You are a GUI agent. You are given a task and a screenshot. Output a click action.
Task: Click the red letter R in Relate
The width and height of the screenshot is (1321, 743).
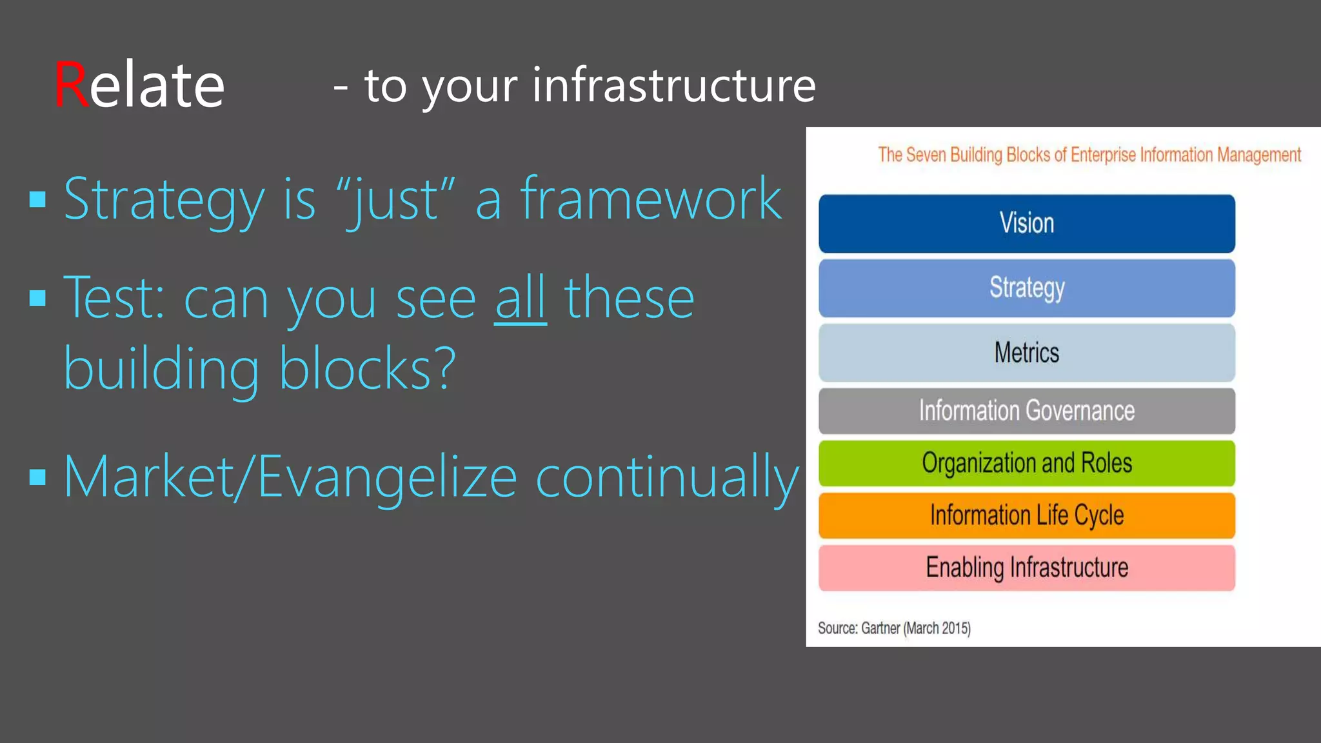70,84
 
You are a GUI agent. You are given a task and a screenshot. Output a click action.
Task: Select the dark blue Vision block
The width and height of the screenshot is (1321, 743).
1026,223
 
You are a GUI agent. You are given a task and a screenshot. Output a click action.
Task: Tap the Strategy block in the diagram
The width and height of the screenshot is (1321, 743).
1026,288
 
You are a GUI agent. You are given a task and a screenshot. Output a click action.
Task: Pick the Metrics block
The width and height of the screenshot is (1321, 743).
1026,352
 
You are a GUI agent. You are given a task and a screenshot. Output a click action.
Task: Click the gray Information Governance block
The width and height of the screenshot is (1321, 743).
1026,411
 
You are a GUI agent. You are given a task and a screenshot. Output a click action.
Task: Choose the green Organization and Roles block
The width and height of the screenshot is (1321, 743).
1026,463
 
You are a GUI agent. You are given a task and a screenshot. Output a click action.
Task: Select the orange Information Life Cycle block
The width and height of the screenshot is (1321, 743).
1026,515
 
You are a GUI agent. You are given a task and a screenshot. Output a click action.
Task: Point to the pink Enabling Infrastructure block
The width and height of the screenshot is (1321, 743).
1026,568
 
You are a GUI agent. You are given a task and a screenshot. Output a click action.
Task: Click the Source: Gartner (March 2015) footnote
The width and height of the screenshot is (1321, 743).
894,628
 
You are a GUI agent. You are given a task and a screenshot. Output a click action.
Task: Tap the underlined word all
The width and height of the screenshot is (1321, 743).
521,298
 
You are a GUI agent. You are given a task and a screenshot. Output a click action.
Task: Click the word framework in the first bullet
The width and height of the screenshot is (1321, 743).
651,199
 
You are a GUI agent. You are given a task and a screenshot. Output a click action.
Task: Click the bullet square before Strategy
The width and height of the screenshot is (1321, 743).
38,199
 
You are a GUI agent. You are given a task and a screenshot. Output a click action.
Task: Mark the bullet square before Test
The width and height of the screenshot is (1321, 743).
38,298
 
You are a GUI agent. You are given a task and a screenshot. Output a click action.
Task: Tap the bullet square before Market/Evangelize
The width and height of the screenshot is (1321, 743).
38,477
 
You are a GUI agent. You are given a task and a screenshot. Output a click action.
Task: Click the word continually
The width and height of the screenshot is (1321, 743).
667,477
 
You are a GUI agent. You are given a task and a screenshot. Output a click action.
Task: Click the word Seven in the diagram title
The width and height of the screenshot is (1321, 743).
927,155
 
